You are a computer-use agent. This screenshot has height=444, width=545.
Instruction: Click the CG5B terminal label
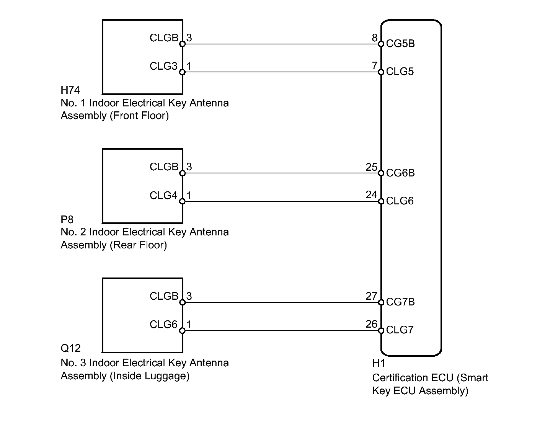click(x=400, y=44)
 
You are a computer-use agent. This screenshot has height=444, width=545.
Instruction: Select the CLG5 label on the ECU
click(x=400, y=72)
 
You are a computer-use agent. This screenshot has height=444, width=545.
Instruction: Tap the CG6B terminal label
click(x=400, y=173)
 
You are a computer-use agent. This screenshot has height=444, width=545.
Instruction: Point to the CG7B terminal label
click(x=400, y=302)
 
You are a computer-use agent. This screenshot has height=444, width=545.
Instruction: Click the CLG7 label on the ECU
click(x=400, y=330)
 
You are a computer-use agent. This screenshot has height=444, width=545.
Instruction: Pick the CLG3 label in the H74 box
click(x=163, y=66)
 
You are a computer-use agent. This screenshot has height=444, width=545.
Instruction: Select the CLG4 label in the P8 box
click(x=163, y=195)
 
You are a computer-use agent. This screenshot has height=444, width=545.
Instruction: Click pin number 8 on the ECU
click(x=375, y=38)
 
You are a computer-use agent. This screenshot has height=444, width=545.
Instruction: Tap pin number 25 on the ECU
click(x=372, y=167)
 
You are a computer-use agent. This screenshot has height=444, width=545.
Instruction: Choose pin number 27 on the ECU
click(x=372, y=296)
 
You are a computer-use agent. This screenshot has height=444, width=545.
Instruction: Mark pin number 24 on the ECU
click(x=372, y=194)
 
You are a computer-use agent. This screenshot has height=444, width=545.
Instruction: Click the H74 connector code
click(x=70, y=90)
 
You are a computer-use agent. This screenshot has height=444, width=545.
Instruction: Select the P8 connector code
click(x=67, y=219)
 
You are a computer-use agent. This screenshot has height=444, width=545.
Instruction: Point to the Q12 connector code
click(x=71, y=348)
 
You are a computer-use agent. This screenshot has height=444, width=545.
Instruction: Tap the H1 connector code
click(x=379, y=363)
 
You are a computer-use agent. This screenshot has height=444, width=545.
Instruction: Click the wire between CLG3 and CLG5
click(x=282, y=72)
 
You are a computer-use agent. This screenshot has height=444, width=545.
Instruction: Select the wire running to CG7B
click(x=282, y=302)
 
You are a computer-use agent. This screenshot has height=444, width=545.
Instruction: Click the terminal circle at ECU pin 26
click(x=381, y=331)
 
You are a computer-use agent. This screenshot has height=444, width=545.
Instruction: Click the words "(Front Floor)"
click(x=139, y=116)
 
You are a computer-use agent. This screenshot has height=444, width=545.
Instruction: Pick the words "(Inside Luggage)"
click(x=150, y=376)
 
